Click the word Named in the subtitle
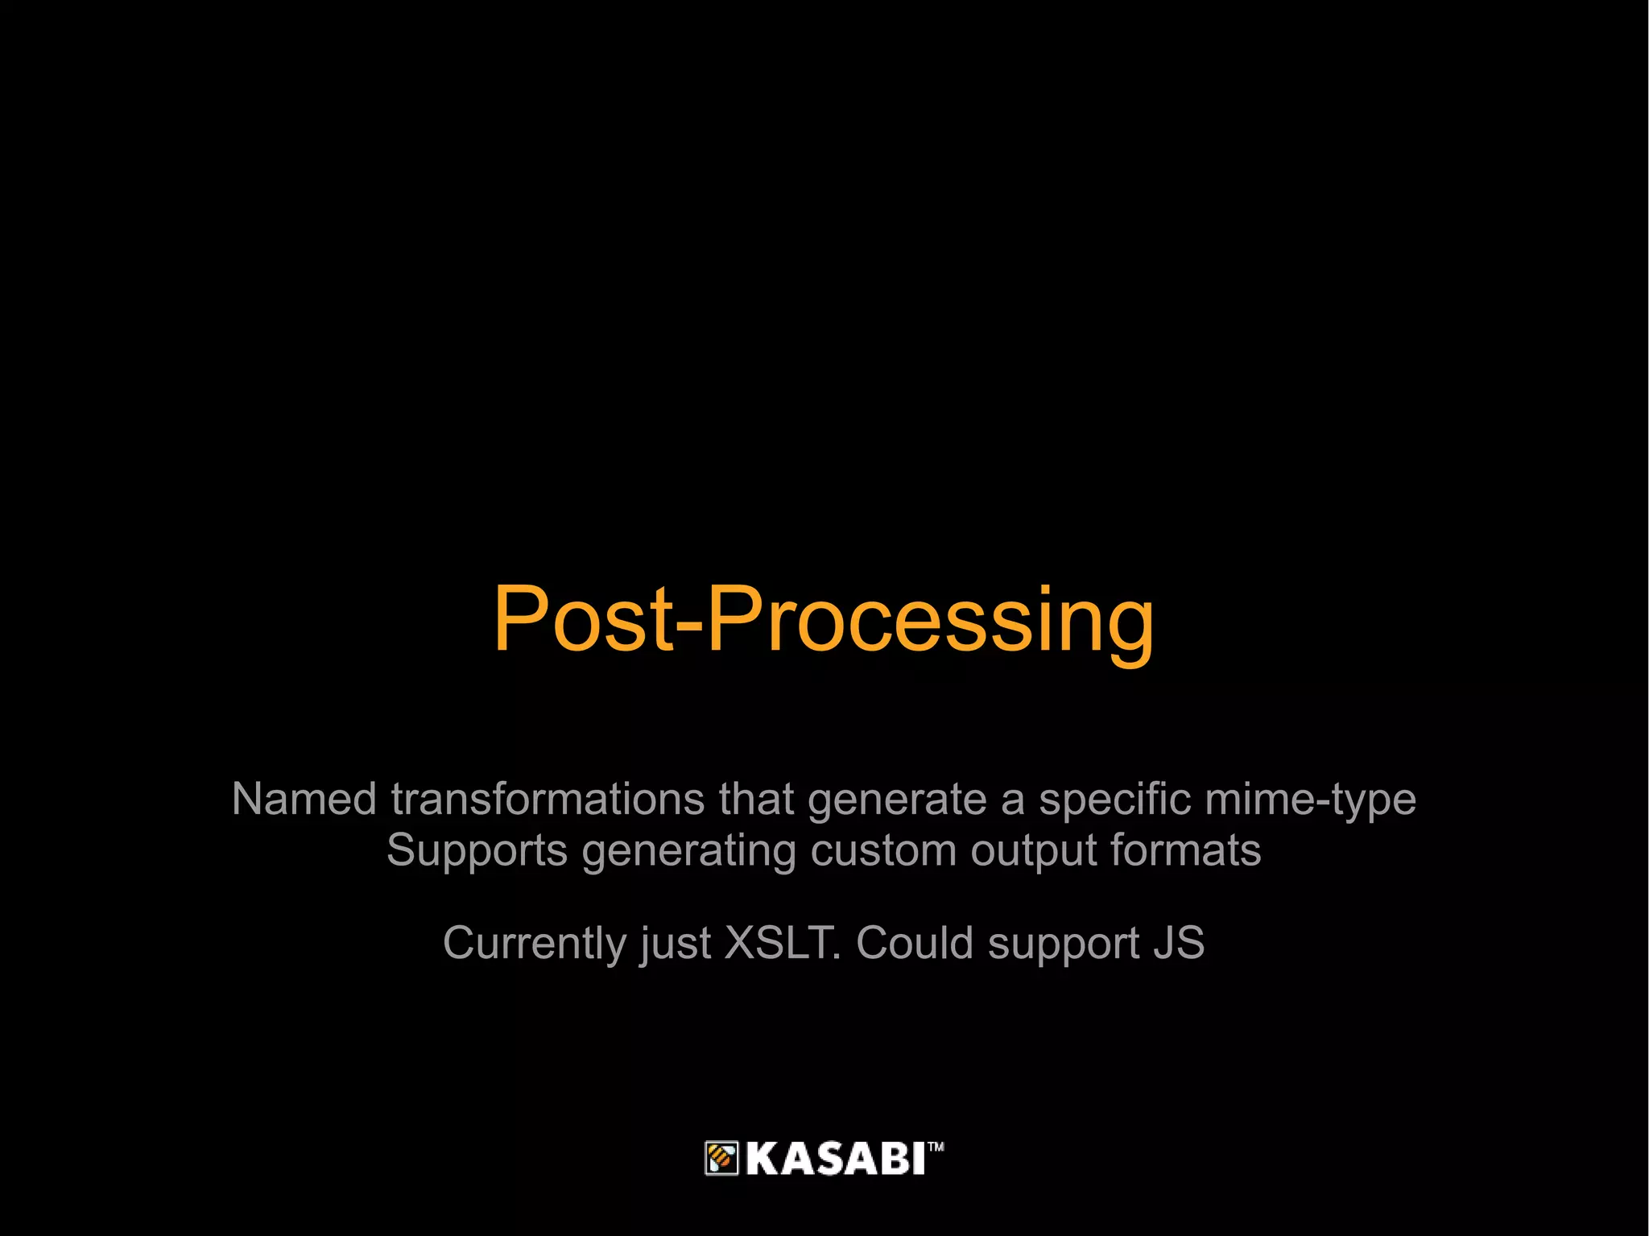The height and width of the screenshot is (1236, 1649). [304, 800]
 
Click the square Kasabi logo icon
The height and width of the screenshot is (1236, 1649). [721, 1158]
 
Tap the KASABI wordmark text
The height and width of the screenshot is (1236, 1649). [835, 1159]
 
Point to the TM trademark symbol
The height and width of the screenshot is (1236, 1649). [936, 1147]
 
